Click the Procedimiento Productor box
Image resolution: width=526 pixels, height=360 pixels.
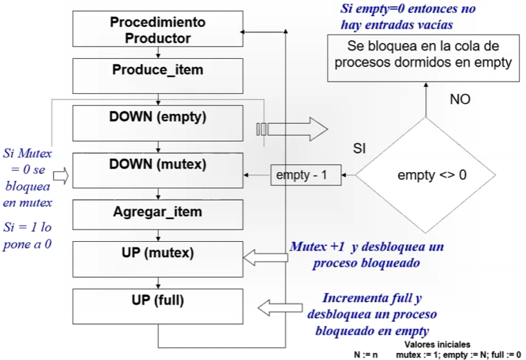[158, 29]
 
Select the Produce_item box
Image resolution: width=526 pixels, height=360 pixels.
[158, 76]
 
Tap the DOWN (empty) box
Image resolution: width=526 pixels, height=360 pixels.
[158, 123]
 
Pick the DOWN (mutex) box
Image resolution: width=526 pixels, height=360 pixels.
[158, 171]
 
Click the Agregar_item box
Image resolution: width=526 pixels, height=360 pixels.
[158, 215]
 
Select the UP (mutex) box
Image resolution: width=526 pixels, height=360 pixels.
[158, 259]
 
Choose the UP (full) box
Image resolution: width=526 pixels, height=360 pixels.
[158, 306]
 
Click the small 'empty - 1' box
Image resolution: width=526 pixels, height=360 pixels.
[306, 175]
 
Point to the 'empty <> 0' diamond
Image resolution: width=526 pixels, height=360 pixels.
[425, 175]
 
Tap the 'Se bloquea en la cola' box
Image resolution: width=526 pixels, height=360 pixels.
[423, 59]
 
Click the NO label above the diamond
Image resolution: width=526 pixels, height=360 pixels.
[460, 100]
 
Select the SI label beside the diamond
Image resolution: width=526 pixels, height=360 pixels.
[359, 148]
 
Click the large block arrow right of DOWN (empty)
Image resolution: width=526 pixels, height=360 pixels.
[292, 129]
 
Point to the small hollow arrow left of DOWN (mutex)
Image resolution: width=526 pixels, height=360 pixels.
[61, 176]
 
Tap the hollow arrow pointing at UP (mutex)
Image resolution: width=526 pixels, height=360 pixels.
[265, 258]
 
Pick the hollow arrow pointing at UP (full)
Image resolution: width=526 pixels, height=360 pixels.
[280, 307]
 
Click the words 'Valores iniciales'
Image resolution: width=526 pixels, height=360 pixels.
[437, 345]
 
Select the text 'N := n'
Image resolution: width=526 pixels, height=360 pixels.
[366, 354]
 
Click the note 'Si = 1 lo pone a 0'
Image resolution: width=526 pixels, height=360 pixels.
[27, 236]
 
